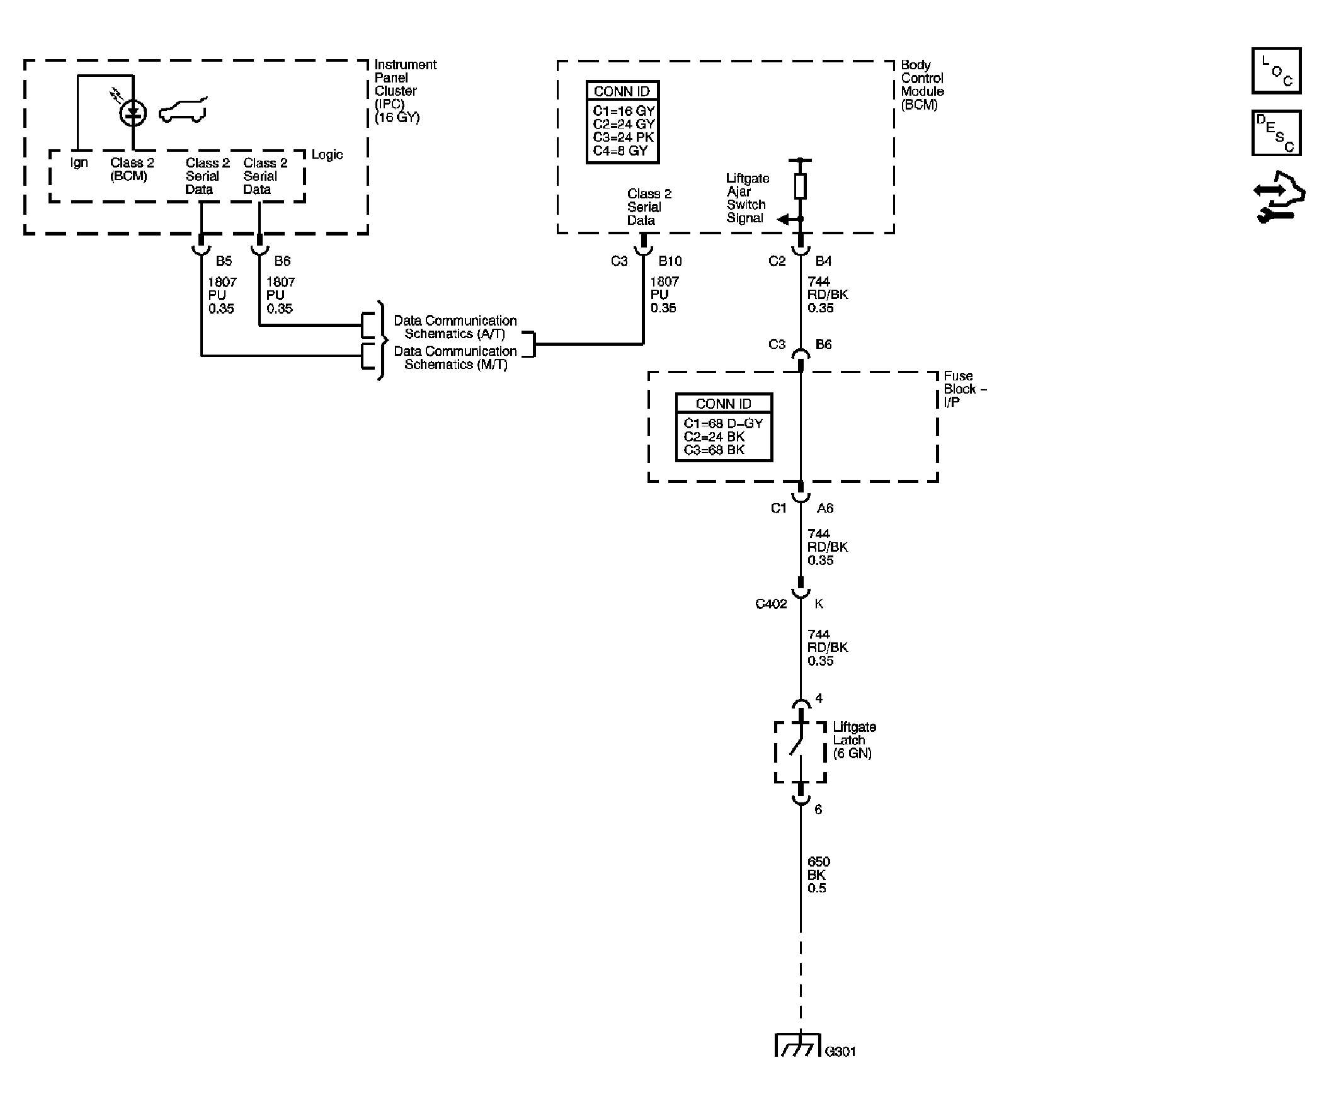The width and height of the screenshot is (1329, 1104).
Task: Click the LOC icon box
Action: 1276,71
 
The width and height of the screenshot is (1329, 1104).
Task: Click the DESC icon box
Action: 1276,133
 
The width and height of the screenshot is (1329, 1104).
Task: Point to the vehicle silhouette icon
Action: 183,111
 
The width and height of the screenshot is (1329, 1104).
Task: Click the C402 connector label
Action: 770,604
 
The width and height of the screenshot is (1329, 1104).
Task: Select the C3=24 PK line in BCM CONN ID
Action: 623,137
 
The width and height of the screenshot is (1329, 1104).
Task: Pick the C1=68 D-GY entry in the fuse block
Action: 722,423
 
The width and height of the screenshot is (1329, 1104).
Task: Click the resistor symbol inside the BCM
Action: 800,186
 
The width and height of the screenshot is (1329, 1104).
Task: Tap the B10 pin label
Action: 670,261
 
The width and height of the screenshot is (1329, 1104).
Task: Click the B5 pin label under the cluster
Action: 224,261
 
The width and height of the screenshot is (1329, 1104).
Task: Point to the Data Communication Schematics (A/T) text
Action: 454,327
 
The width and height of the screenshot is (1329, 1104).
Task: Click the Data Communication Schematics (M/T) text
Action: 454,358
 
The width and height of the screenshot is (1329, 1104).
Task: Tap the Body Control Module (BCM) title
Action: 921,85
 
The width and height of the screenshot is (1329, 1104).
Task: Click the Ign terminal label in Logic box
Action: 79,162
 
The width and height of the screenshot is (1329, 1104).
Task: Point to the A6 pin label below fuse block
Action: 824,508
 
